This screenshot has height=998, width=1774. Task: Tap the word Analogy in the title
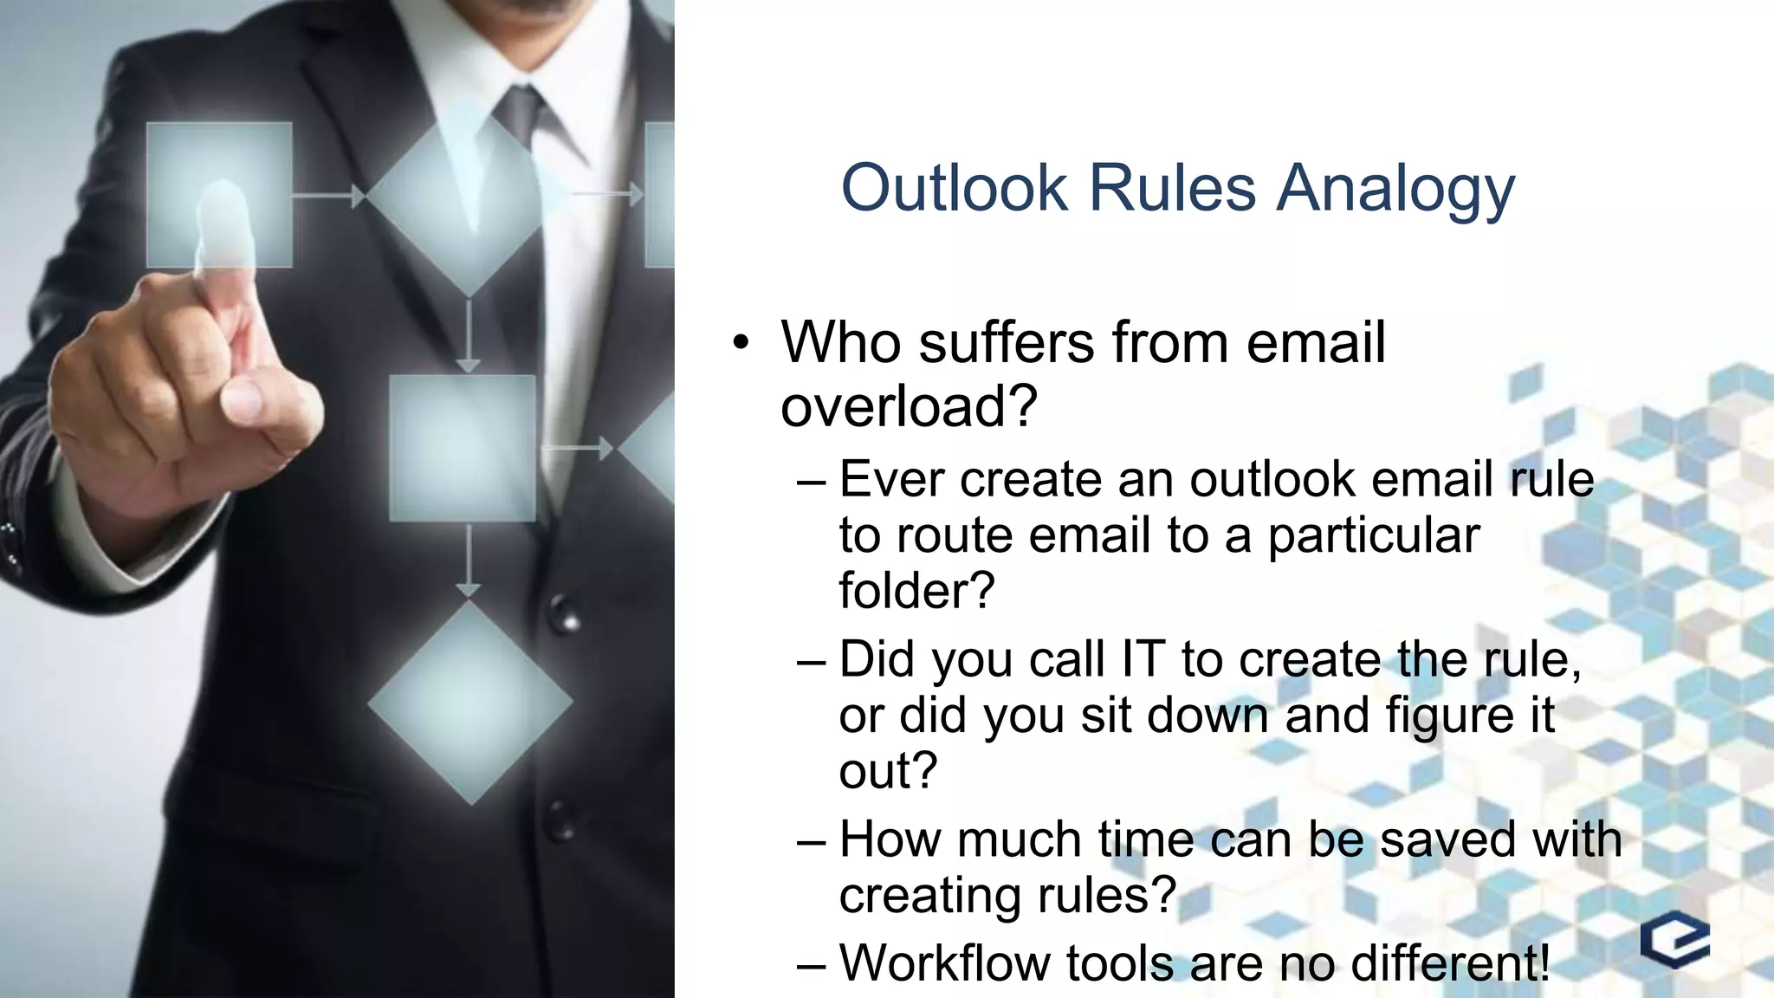(1395, 189)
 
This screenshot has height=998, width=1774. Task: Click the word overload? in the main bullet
(909, 405)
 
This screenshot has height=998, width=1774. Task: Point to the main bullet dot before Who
(740, 343)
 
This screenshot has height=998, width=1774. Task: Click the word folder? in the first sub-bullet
(916, 591)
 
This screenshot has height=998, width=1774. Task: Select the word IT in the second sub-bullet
(1143, 659)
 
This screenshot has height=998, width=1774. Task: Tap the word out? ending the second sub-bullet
(888, 770)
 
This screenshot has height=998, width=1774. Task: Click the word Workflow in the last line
(944, 962)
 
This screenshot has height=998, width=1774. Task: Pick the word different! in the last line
(1450, 962)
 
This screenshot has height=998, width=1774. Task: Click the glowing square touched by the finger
(219, 195)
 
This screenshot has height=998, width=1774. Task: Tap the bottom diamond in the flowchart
(470, 702)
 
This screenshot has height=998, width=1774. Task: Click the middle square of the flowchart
(463, 448)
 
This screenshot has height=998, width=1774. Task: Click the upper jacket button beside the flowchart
(566, 613)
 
